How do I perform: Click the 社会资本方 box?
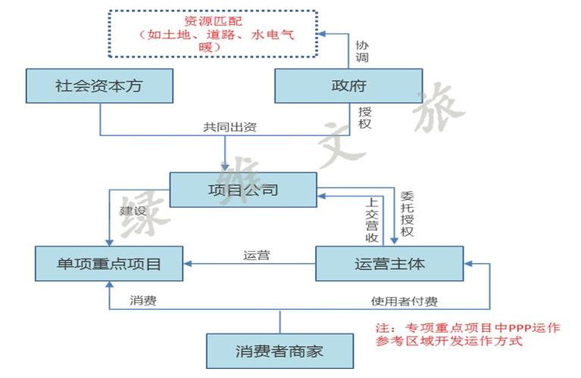(x=98, y=86)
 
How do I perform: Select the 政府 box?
(x=348, y=86)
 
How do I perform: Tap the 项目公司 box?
(x=242, y=190)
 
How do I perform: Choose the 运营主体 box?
(x=389, y=264)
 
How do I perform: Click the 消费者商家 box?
(x=280, y=352)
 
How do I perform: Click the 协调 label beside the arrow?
(x=363, y=51)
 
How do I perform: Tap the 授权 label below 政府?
(x=364, y=116)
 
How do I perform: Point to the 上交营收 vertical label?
(x=372, y=220)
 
